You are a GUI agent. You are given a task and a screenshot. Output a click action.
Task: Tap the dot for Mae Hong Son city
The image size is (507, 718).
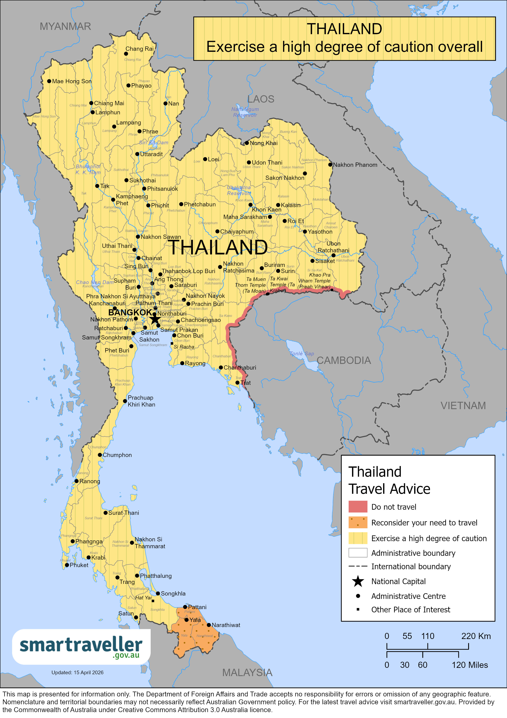tap(49, 81)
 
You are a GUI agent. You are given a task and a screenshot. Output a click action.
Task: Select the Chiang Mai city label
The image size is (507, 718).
tap(109, 103)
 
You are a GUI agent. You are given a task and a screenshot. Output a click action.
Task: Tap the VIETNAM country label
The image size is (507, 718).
tap(463, 406)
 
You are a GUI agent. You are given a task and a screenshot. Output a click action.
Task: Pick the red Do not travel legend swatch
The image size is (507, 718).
tap(358, 507)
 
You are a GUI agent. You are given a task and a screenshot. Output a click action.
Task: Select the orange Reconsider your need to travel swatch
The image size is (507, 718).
tap(358, 522)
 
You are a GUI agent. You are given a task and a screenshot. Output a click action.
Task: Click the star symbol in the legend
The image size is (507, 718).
tap(358, 581)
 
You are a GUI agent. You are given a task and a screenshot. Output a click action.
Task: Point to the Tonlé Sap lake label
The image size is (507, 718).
tap(302, 354)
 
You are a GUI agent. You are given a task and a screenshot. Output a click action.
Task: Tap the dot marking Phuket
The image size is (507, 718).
tap(67, 565)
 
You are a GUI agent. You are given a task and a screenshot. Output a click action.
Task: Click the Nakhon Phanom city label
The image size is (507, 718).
tap(355, 165)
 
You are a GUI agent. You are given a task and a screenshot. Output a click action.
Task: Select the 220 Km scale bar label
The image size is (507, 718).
tap(476, 636)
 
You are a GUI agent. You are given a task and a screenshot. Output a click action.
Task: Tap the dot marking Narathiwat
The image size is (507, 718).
tap(209, 625)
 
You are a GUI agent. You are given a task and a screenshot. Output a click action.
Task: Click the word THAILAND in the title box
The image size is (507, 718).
tap(344, 29)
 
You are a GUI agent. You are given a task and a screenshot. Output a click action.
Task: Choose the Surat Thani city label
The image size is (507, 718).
tap(123, 513)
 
